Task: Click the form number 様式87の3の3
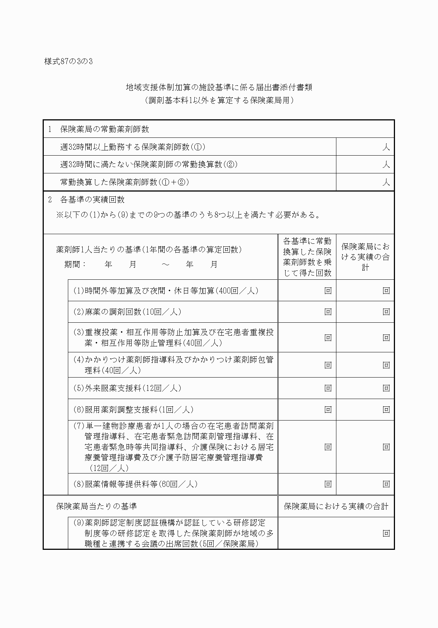(x=68, y=62)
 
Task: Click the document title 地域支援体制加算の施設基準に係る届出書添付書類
(x=219, y=87)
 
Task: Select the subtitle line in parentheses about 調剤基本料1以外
(x=219, y=100)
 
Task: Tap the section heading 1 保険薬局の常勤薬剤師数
(x=99, y=129)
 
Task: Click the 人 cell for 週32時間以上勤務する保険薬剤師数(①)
(x=365, y=147)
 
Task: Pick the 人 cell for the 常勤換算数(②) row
(x=365, y=164)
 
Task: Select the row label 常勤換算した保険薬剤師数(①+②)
(x=125, y=182)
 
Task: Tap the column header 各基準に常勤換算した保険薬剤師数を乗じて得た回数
(x=307, y=257)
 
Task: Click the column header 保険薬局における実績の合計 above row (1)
(x=365, y=257)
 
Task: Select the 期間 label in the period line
(x=75, y=265)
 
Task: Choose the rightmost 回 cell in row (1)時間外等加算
(x=386, y=291)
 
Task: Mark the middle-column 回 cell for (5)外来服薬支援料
(x=328, y=388)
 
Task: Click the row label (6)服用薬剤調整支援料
(x=133, y=410)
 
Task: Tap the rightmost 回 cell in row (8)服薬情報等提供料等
(x=386, y=484)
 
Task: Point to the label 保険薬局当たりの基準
(x=96, y=506)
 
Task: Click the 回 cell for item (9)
(x=386, y=534)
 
